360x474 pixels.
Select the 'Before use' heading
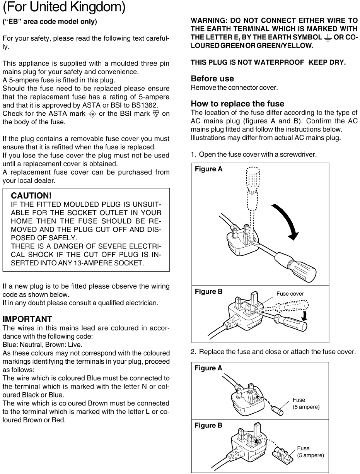[213, 79]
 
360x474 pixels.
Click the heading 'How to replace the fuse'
[237, 104]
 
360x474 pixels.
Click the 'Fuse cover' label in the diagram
[290, 294]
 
